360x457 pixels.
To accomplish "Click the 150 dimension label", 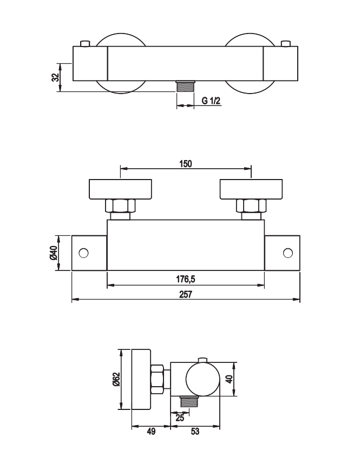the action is (x=186, y=164).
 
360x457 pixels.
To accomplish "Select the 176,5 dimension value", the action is (x=186, y=279).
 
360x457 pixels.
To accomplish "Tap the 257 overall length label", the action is (x=186, y=294).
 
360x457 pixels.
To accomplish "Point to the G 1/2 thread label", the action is (x=211, y=101).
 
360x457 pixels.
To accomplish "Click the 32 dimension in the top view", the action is (x=55, y=77).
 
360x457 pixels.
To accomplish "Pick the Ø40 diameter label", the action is (x=54, y=253).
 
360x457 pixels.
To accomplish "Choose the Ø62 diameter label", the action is (x=116, y=379).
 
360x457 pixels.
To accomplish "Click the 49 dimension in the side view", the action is (x=151, y=432).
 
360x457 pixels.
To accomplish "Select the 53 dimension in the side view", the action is (x=195, y=432).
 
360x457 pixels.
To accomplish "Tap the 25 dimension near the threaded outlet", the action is (x=180, y=418).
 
